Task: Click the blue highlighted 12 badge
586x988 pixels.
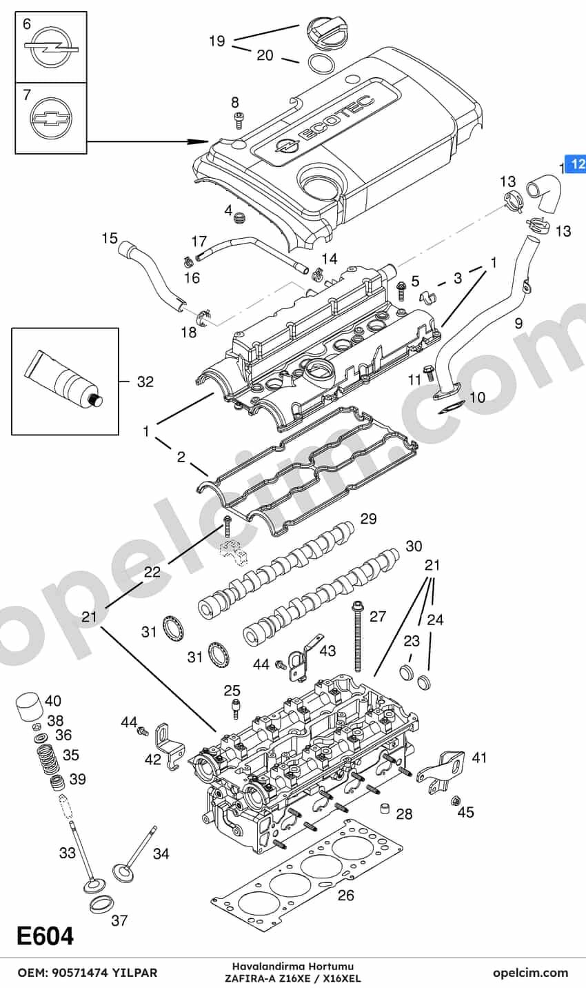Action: tap(576, 164)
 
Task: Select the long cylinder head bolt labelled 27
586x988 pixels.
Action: tap(357, 635)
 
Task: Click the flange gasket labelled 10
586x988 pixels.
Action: tap(452, 408)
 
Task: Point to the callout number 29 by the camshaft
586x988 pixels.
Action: tap(368, 519)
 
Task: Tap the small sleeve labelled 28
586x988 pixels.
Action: tap(385, 808)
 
